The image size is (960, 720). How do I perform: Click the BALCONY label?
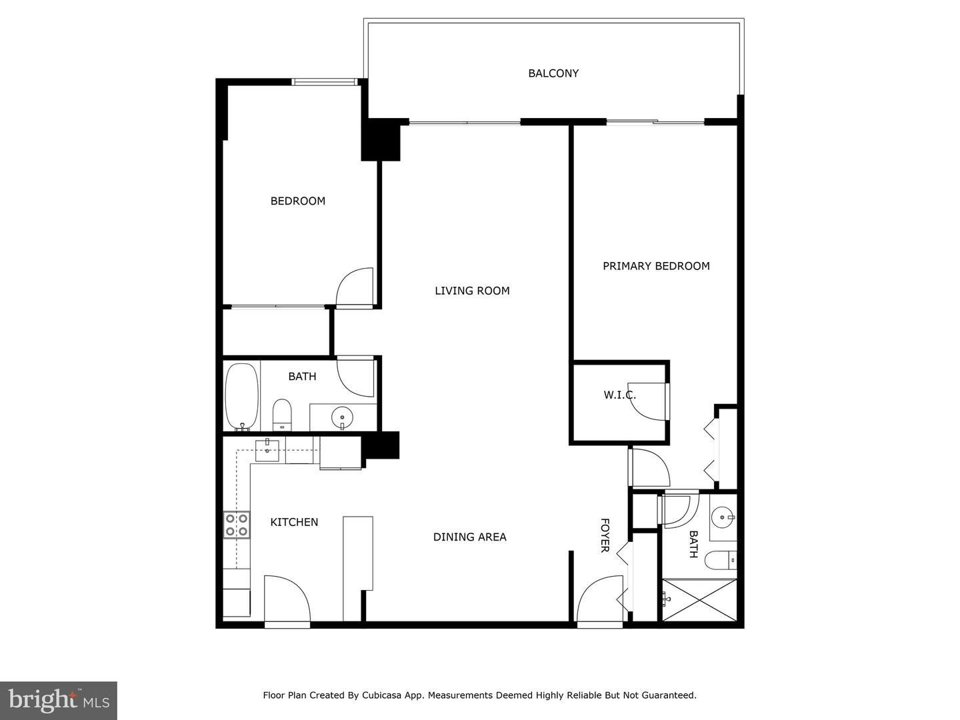point(553,73)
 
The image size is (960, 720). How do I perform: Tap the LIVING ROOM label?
point(472,291)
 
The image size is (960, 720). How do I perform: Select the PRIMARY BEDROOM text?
point(656,266)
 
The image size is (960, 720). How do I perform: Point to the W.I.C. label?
point(619,395)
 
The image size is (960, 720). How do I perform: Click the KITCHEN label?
point(294,522)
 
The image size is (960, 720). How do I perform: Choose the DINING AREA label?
point(470,537)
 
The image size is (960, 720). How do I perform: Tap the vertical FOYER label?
point(605,535)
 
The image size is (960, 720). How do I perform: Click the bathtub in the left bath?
point(241,397)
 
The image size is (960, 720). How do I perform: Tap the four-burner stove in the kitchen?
point(236,524)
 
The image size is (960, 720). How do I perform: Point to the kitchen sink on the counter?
point(267,446)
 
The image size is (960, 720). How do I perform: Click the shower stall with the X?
point(699,601)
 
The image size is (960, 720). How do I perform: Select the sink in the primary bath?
point(723,517)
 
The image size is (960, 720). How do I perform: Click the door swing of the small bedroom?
point(354,287)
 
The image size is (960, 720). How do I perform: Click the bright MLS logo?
point(59,700)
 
